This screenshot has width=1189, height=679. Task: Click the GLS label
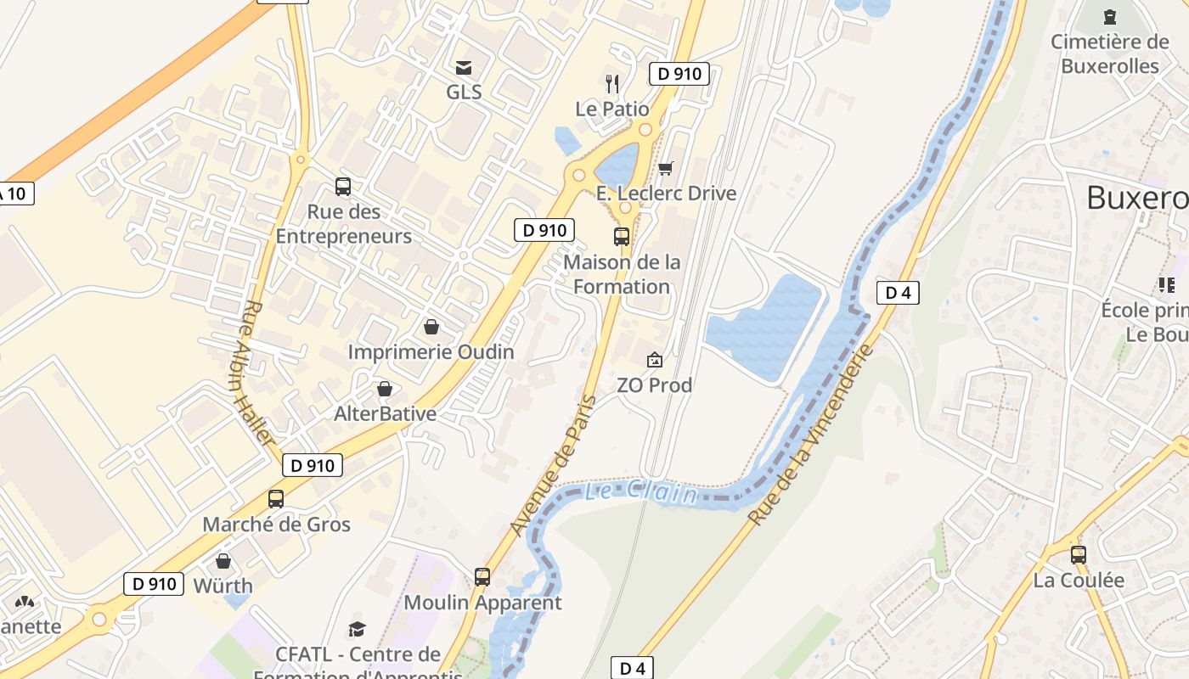[464, 92]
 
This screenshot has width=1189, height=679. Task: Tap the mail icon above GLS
[464, 68]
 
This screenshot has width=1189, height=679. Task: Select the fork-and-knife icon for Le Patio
[612, 83]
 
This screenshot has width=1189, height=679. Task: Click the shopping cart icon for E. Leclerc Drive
[666, 168]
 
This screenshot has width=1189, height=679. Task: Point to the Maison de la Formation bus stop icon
[622, 237]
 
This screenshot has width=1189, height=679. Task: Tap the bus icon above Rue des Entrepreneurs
[343, 187]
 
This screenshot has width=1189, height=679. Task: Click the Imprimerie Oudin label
[431, 351]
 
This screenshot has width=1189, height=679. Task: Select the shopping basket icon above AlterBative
[385, 389]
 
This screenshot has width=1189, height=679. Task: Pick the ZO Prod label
[655, 385]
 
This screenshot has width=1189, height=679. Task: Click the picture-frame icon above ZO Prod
[655, 360]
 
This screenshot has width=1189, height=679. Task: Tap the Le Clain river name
[641, 491]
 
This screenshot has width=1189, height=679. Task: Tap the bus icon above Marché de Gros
[276, 499]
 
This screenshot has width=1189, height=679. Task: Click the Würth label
[223, 586]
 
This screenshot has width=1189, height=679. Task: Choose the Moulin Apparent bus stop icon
[482, 577]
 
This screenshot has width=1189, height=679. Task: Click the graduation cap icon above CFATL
[358, 629]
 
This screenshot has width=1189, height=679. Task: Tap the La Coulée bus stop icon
[1079, 555]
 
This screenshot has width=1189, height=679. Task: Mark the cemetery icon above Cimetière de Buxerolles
[1109, 16]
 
